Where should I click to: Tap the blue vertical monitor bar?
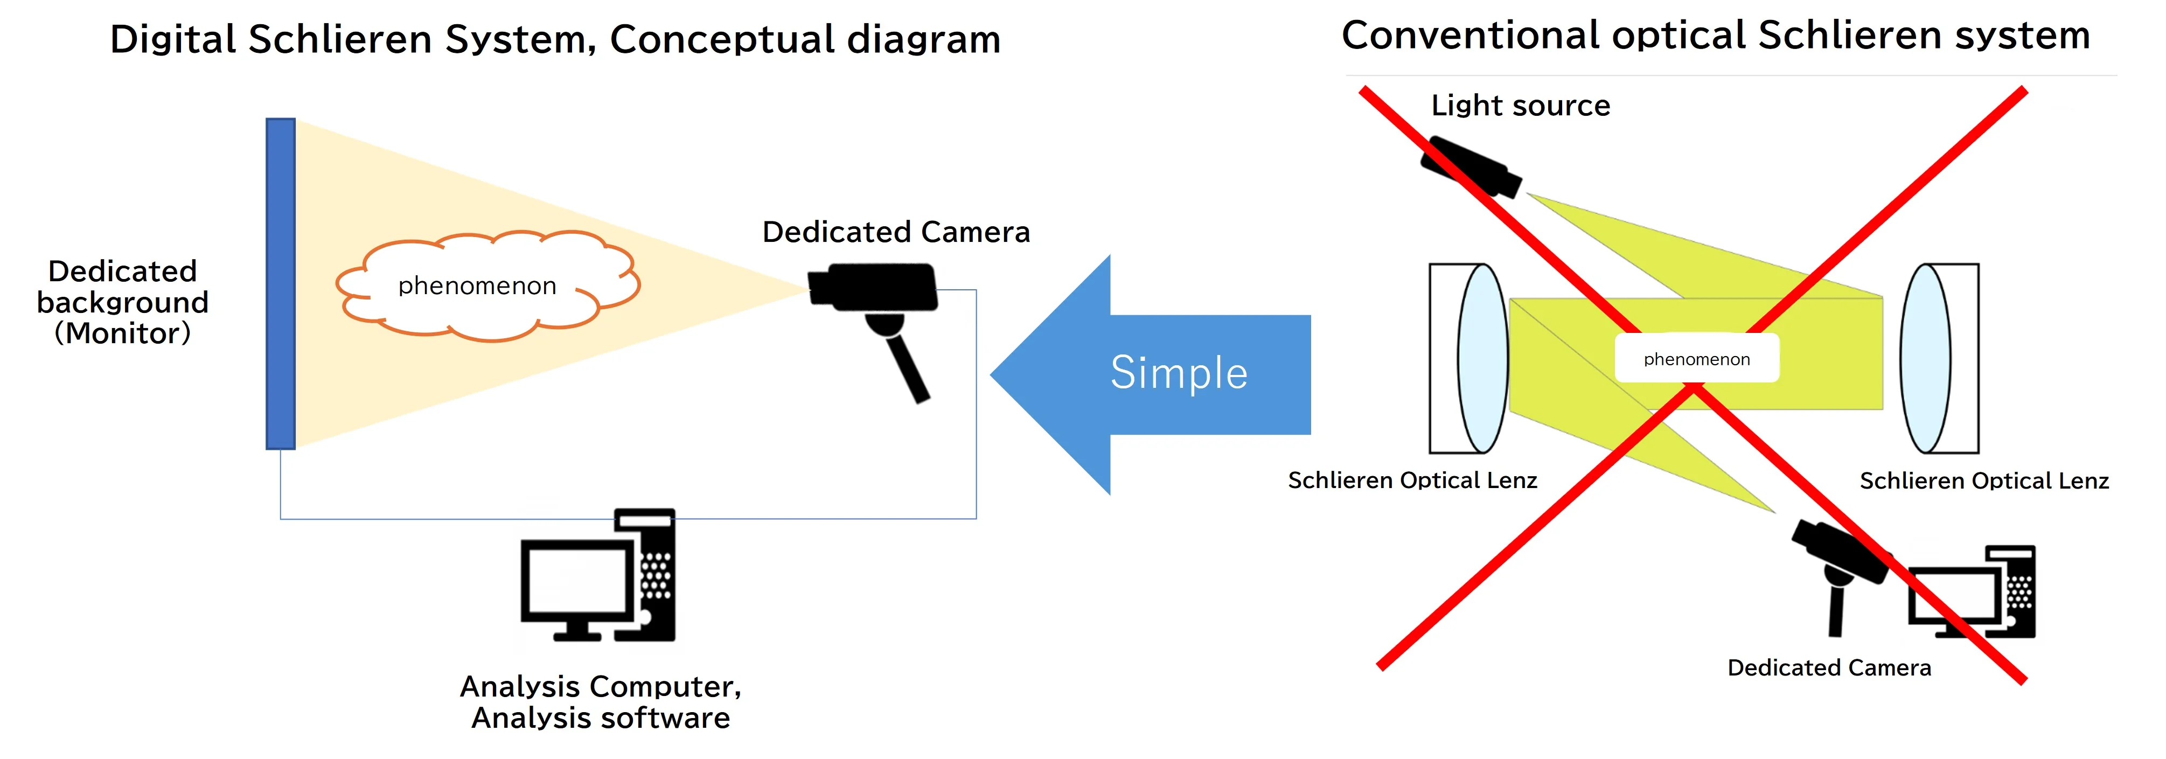coord(280,284)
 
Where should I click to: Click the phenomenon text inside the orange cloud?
coord(477,286)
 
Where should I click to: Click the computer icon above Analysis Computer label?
coord(598,576)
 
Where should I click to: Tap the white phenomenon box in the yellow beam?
coord(1697,359)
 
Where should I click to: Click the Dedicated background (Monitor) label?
coord(123,302)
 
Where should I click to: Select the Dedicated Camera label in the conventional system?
coord(1829,667)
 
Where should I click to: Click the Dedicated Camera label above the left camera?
coord(895,232)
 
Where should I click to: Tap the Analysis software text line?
coord(601,718)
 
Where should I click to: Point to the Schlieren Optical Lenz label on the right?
coord(1983,481)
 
